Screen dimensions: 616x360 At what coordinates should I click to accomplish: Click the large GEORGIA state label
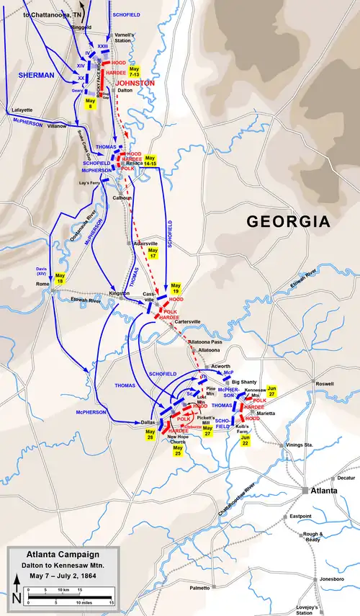(289, 221)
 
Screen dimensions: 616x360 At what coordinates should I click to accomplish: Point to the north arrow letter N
(17, 597)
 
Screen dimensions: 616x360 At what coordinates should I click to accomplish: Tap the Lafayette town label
(22, 110)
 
